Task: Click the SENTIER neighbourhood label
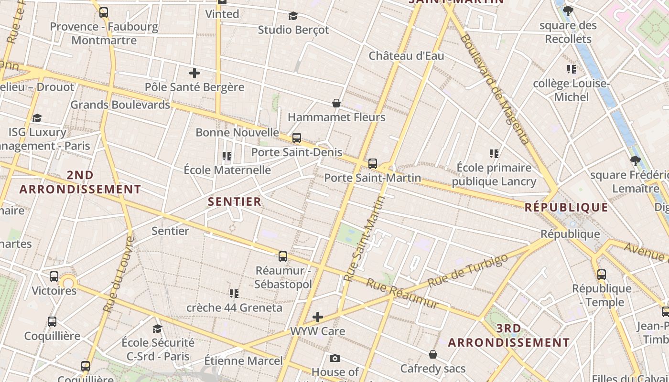click(235, 202)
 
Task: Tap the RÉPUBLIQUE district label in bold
click(566, 207)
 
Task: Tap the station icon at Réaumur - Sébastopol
click(283, 256)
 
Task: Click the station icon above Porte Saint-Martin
click(373, 164)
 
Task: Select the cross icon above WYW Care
click(318, 317)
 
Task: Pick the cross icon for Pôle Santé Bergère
click(194, 73)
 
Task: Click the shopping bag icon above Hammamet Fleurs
click(336, 103)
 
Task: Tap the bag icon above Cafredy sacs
click(432, 354)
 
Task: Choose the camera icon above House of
click(335, 358)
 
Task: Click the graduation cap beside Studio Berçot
click(293, 16)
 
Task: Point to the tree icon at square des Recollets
click(568, 11)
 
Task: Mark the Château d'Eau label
click(406, 56)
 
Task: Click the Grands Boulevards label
click(120, 105)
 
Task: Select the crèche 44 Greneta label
click(234, 308)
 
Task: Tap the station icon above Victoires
click(54, 276)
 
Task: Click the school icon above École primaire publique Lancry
click(494, 154)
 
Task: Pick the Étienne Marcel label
click(243, 361)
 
